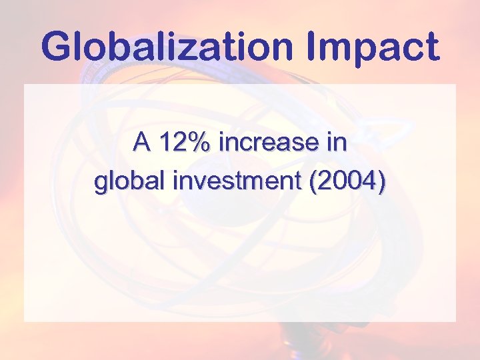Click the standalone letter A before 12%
[141, 142]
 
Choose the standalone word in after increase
[338, 142]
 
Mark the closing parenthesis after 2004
[381, 183]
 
